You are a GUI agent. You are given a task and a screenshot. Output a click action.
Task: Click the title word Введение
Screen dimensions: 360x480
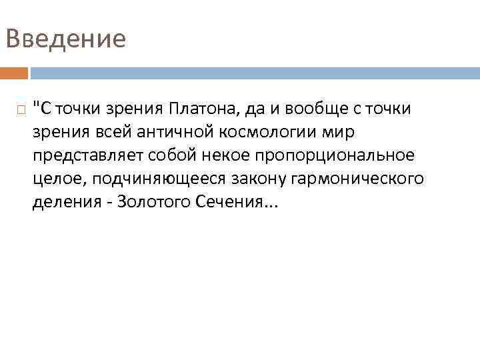point(65,38)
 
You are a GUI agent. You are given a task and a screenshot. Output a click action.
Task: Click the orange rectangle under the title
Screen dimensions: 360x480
point(14,73)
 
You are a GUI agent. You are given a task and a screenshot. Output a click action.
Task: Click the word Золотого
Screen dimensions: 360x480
point(154,202)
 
